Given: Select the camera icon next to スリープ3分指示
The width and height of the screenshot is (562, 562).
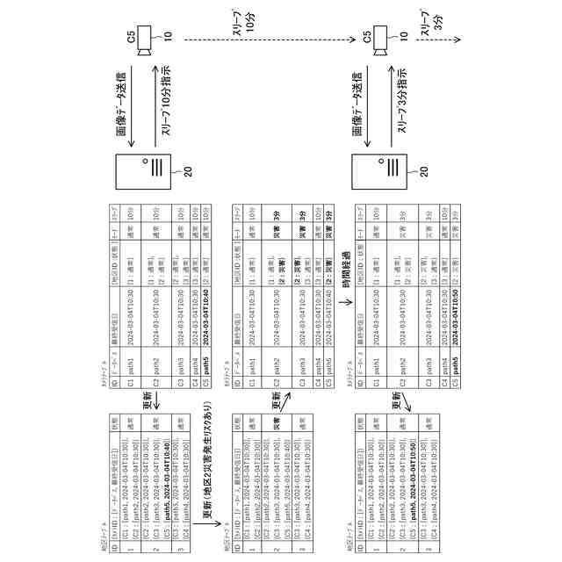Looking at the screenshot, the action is (x=384, y=40).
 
